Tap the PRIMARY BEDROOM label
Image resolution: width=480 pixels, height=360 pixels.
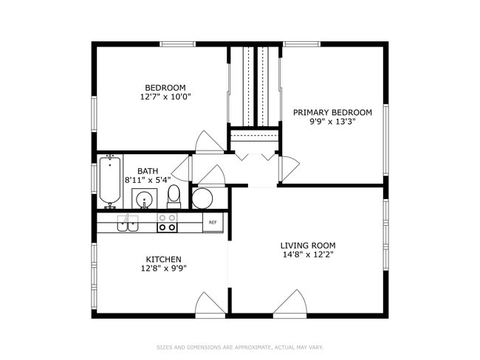coord(332,112)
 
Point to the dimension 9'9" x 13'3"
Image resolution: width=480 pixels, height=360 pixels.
coord(332,122)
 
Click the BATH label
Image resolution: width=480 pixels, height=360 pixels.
coord(148,171)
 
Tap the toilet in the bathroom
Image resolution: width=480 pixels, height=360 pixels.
coord(174,195)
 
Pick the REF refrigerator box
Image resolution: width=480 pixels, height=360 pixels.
coord(213,222)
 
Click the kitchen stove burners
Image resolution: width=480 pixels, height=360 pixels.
coord(168,223)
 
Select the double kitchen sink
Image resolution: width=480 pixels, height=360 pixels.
coord(128,224)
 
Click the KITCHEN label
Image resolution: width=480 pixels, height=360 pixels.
coord(163,259)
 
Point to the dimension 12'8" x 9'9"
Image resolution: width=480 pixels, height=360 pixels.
coord(163,269)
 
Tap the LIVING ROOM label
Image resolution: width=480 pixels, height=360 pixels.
coord(308,245)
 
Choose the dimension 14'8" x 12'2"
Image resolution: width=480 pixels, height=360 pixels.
coord(308,255)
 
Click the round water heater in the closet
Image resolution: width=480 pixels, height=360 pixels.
coord(202,198)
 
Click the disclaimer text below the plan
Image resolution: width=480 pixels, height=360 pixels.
coord(240,347)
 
